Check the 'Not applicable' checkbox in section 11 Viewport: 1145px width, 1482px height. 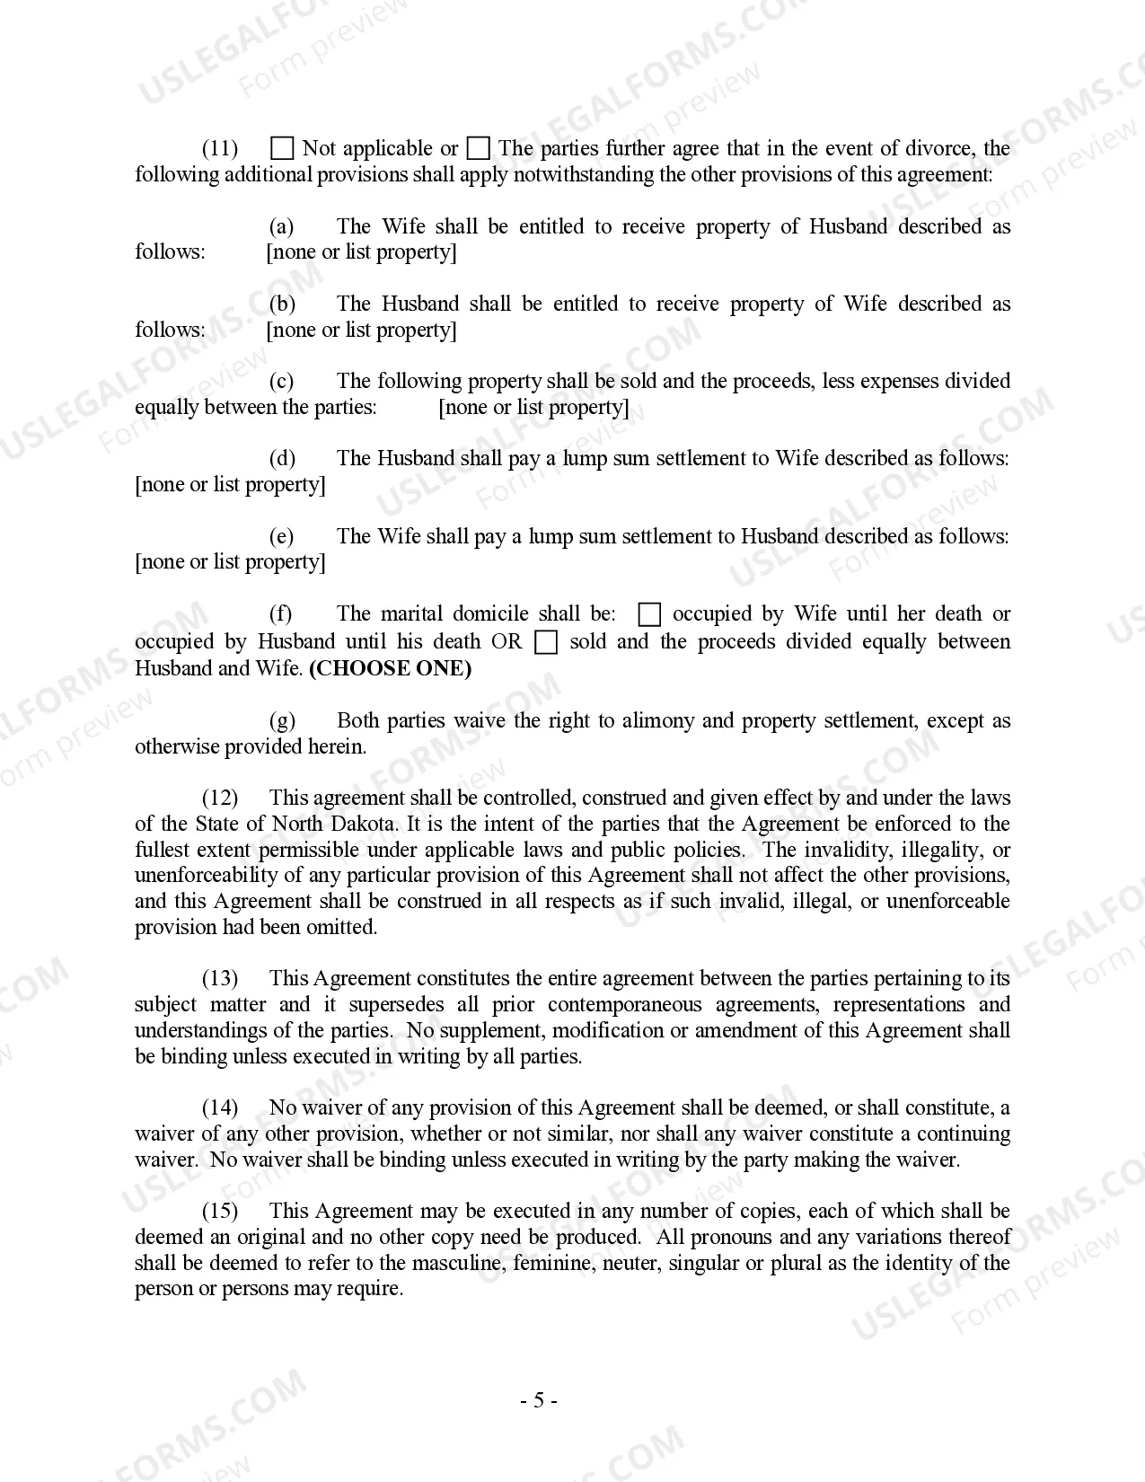(x=282, y=148)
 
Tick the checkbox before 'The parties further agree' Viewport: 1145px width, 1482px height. (x=480, y=148)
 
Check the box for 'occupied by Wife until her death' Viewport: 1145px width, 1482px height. (x=648, y=614)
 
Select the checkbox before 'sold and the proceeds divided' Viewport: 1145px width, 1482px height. (x=545, y=642)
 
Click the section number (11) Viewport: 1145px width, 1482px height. (x=220, y=148)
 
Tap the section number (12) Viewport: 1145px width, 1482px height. (x=220, y=798)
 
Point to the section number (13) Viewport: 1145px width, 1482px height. (x=220, y=978)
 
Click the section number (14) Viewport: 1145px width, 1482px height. (x=220, y=1107)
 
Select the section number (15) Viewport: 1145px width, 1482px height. (x=220, y=1211)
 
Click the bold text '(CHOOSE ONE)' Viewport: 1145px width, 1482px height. (x=390, y=668)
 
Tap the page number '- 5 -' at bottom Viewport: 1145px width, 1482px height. (x=539, y=1400)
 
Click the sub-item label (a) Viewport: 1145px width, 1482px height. (x=281, y=226)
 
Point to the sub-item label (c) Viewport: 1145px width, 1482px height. (x=281, y=381)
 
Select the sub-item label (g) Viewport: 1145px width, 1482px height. (x=282, y=720)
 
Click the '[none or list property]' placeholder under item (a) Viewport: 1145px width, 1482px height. (x=361, y=251)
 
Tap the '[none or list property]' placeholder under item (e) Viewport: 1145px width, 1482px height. (x=230, y=561)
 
